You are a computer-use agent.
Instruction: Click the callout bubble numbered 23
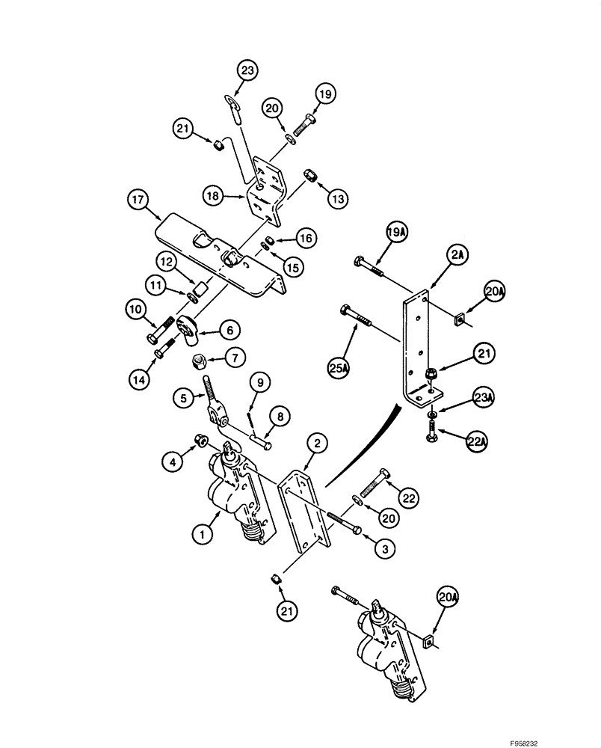coord(247,72)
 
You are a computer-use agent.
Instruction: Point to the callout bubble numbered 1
coord(200,534)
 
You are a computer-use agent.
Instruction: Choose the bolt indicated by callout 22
coord(375,482)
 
